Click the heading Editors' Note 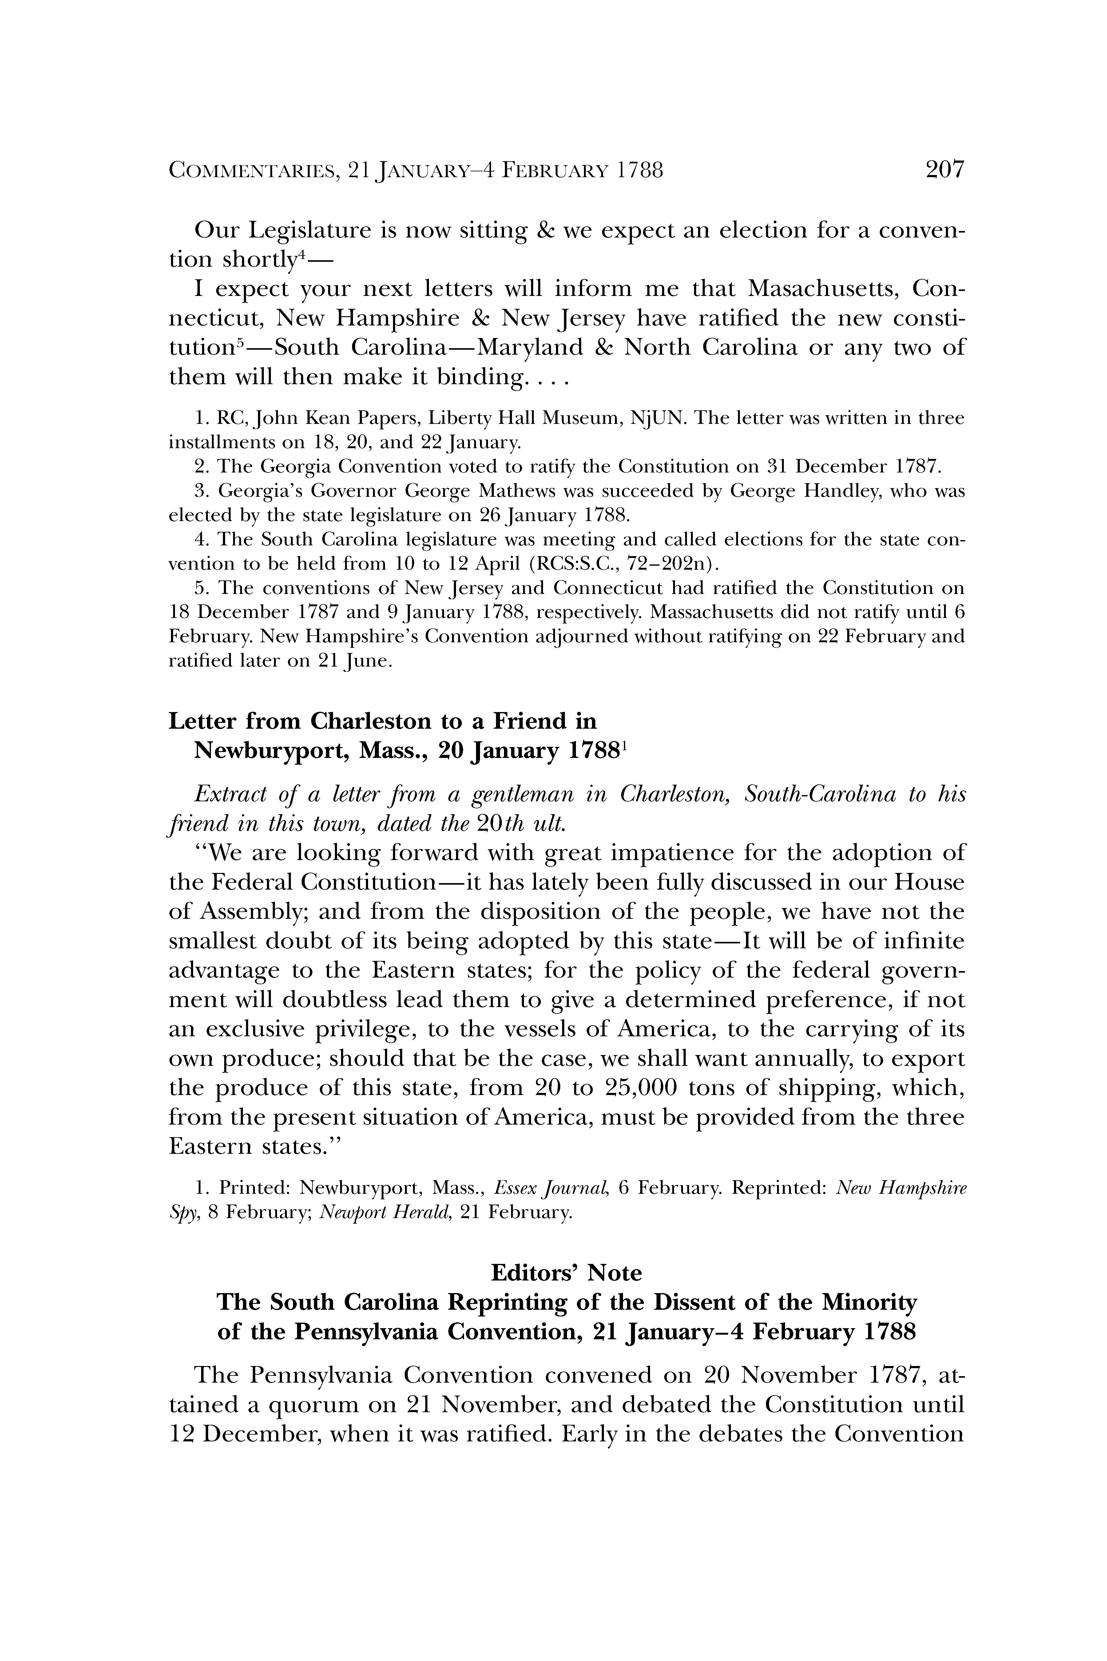coord(566,1273)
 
